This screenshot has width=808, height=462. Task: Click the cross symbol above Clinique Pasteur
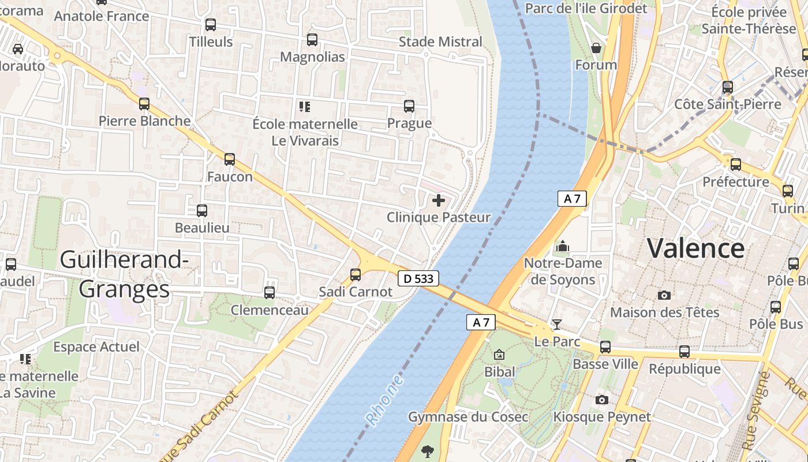pos(439,200)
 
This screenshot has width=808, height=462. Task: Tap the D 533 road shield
pos(418,279)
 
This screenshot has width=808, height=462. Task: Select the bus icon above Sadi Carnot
pos(356,275)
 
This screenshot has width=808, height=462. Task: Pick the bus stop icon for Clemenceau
pos(270,293)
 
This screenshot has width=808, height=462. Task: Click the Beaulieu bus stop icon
pos(202,211)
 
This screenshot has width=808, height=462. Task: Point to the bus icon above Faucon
pos(230,159)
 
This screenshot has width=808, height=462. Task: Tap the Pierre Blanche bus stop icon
pos(144,104)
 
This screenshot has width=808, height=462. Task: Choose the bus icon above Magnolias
pos(312,40)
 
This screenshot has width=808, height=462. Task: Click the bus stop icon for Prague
pos(409,106)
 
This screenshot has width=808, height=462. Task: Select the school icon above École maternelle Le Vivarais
pos(305,106)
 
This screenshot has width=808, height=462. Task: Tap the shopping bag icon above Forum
pos(596,48)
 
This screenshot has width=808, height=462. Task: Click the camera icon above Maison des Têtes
pos(664,295)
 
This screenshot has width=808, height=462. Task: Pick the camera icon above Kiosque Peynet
pos(602,400)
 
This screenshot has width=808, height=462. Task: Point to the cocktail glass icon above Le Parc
pos(557,325)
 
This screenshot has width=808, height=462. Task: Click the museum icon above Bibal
pos(499,355)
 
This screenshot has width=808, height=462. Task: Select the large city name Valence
pos(695,248)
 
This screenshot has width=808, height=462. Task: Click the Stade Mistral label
pos(440,42)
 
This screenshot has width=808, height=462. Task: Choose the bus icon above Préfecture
pos(736,165)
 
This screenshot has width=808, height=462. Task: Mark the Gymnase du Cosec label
pos(468,417)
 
